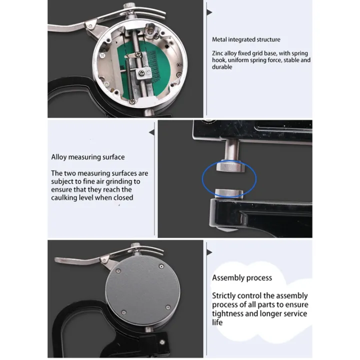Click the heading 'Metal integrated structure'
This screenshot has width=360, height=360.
tap(246, 39)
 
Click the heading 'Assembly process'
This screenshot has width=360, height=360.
tap(242, 277)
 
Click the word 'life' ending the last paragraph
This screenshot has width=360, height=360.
tap(217, 322)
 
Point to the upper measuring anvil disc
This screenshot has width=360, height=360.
tap(230, 166)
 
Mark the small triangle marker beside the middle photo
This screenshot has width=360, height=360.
tap(152, 132)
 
